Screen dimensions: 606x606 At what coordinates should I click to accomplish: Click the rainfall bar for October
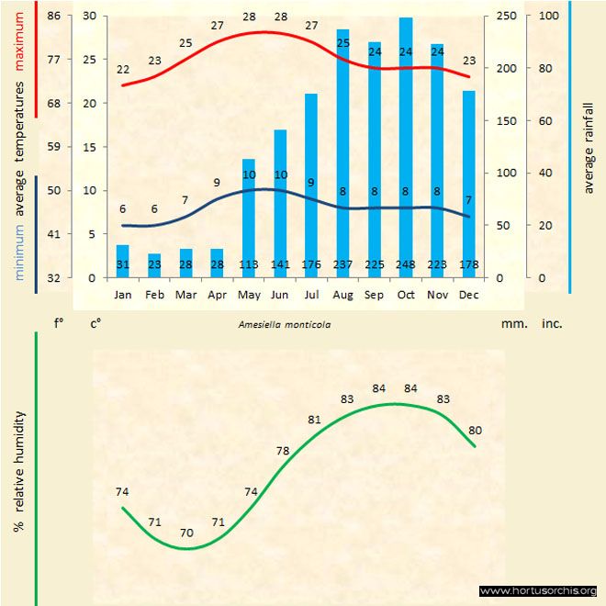(x=406, y=147)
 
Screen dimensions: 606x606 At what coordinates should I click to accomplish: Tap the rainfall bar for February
(x=154, y=265)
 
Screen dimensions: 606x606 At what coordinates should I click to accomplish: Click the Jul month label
(x=311, y=296)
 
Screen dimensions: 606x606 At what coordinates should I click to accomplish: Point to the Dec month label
(x=468, y=296)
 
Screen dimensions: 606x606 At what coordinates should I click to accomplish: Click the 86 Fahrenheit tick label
(x=54, y=17)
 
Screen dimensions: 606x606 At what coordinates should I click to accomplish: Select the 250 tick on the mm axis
(x=506, y=17)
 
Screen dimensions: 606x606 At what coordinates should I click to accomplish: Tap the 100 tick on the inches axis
(x=548, y=17)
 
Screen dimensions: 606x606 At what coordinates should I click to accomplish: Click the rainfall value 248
(x=406, y=266)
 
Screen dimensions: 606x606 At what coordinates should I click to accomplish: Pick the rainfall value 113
(x=249, y=266)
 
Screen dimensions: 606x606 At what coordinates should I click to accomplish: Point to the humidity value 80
(x=476, y=431)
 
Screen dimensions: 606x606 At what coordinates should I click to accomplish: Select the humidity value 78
(x=283, y=451)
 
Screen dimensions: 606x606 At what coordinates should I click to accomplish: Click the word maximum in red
(x=18, y=32)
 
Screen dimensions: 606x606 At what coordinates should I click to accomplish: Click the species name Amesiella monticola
(x=285, y=324)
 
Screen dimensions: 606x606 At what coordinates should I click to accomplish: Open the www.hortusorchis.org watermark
(x=539, y=590)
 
